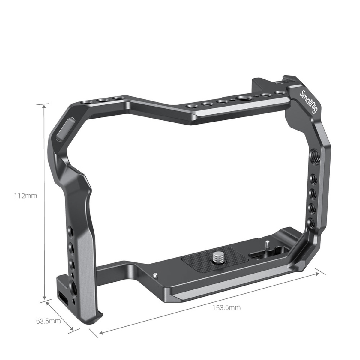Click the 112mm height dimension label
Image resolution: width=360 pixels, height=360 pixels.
tap(25, 196)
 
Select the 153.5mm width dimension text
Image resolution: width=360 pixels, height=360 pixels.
tap(226, 307)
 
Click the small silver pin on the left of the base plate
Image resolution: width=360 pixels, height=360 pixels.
tap(155, 275)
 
